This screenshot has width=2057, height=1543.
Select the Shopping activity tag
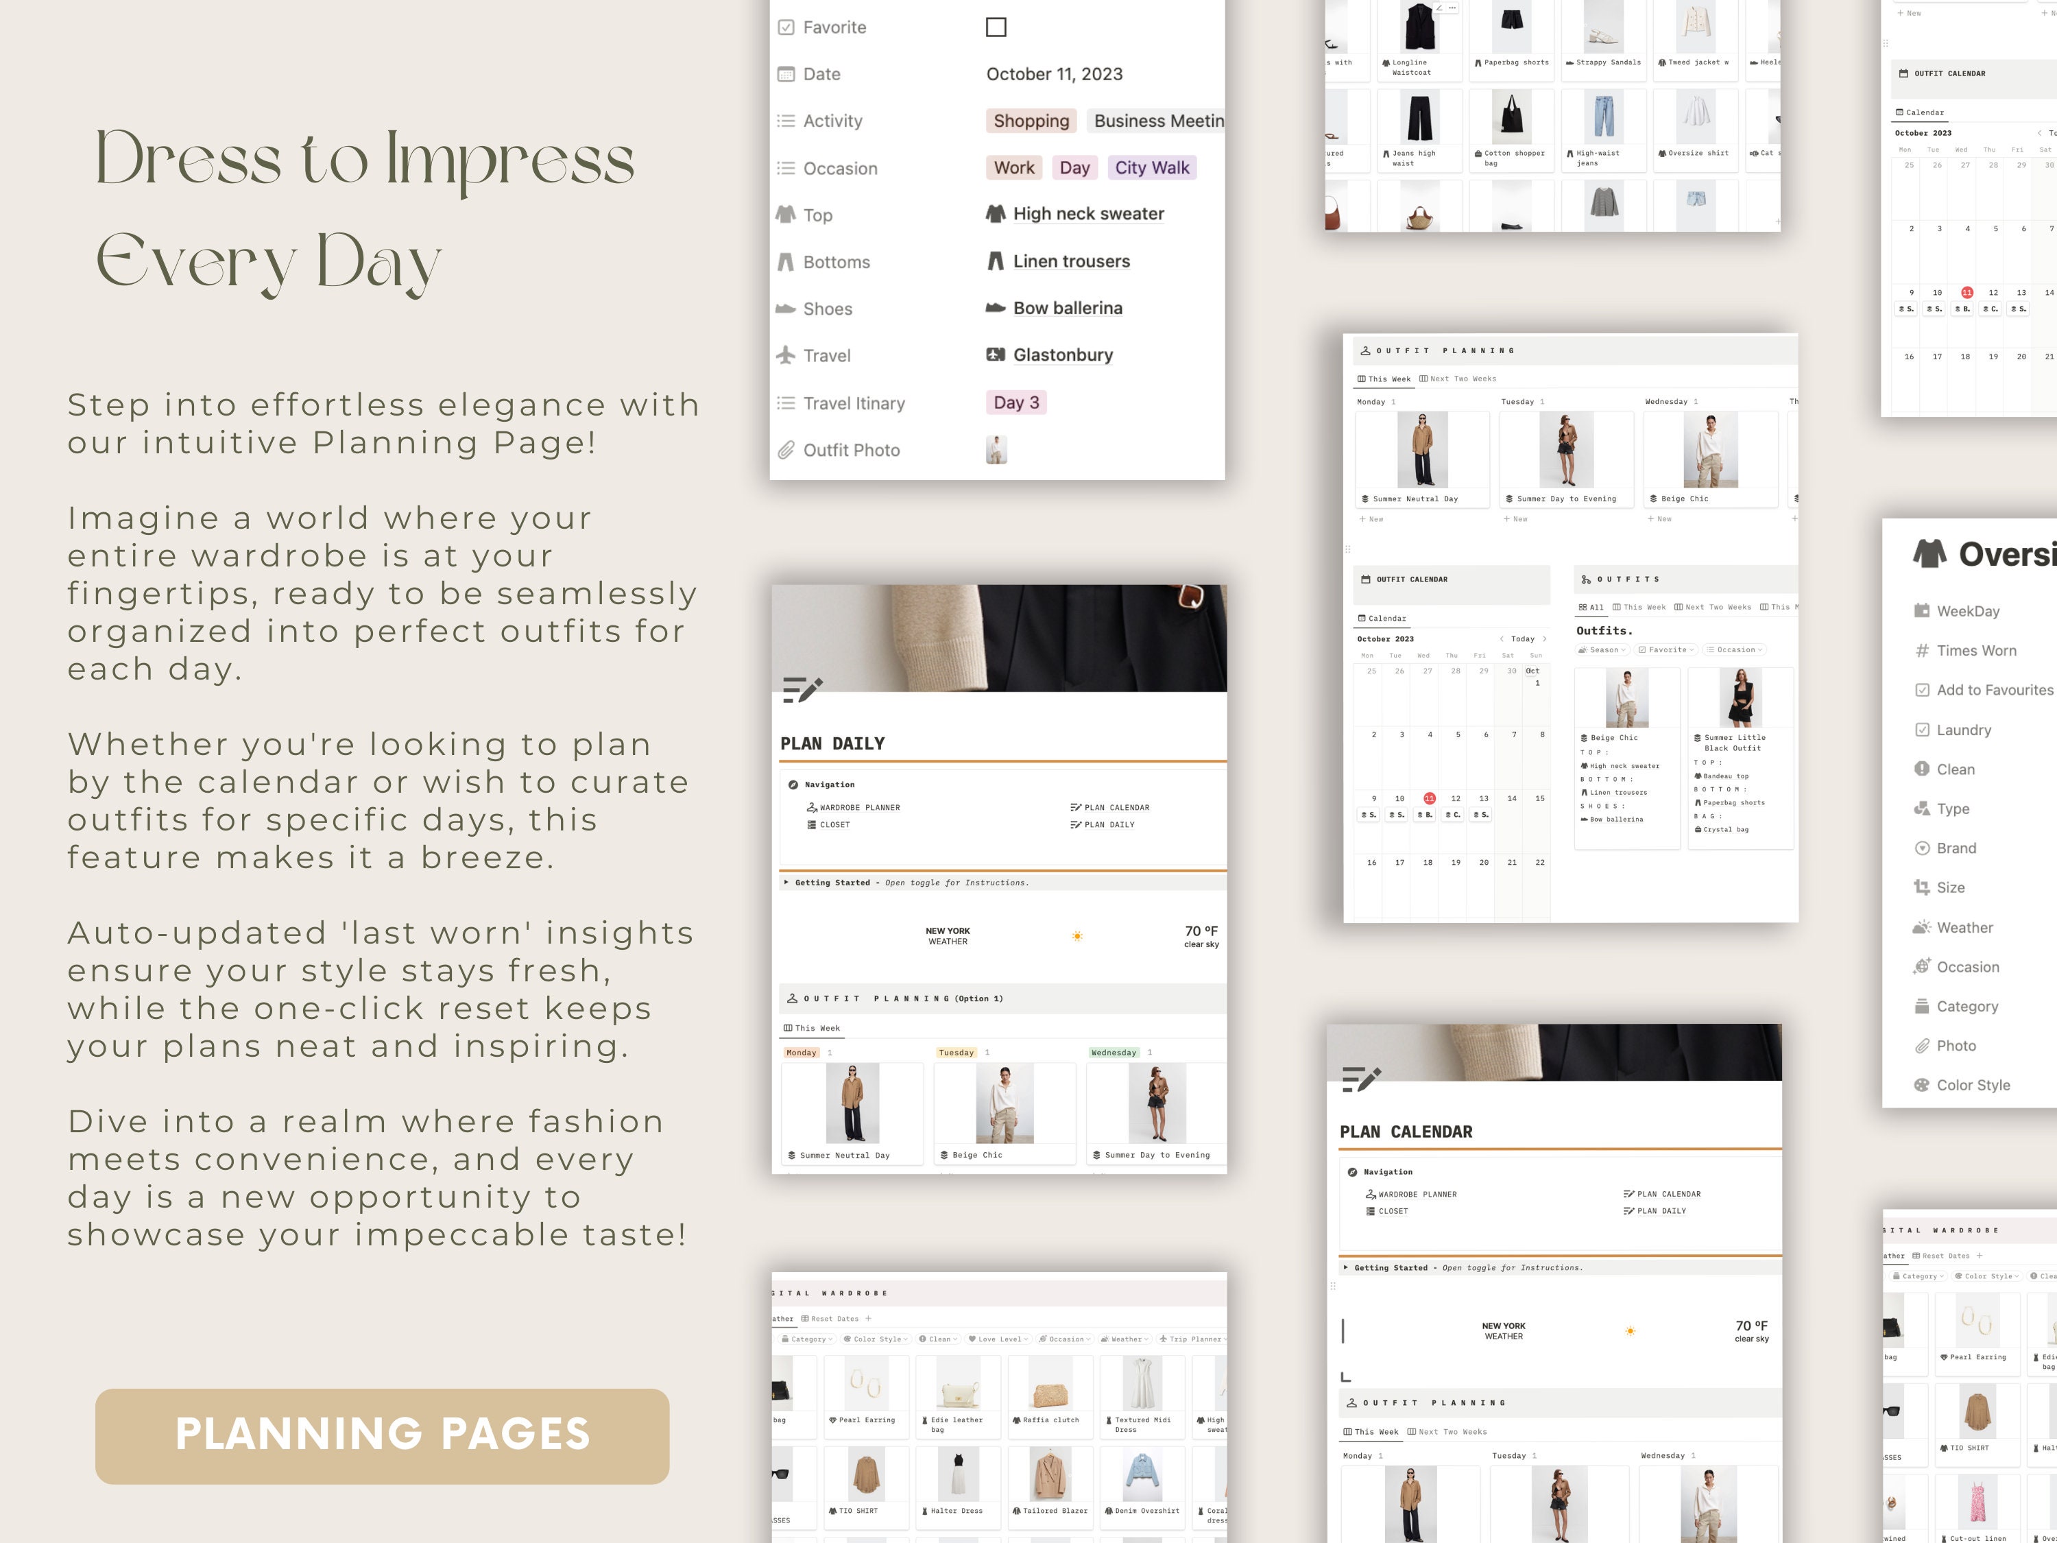coord(1031,121)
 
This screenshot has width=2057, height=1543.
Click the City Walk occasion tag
coord(1151,168)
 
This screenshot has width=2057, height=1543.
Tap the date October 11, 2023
coord(1054,74)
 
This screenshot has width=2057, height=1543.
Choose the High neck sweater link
coord(1088,214)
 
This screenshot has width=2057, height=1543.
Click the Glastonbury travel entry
coord(1062,355)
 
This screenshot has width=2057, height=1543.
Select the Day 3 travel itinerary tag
coord(1015,403)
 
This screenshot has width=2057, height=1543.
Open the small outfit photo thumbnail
coord(996,450)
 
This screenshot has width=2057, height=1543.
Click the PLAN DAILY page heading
coord(832,744)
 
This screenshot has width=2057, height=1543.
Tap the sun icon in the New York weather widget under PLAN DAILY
coord(1077,935)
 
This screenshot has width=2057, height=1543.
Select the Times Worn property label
coord(1976,651)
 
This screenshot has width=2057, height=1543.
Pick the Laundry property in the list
coord(1963,730)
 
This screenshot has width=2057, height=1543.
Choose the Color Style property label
coord(1973,1086)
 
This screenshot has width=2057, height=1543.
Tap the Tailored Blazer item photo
coord(1050,1474)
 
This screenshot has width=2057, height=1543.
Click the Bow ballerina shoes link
coord(1067,309)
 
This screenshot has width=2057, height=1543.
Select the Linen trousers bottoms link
coord(1070,262)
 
